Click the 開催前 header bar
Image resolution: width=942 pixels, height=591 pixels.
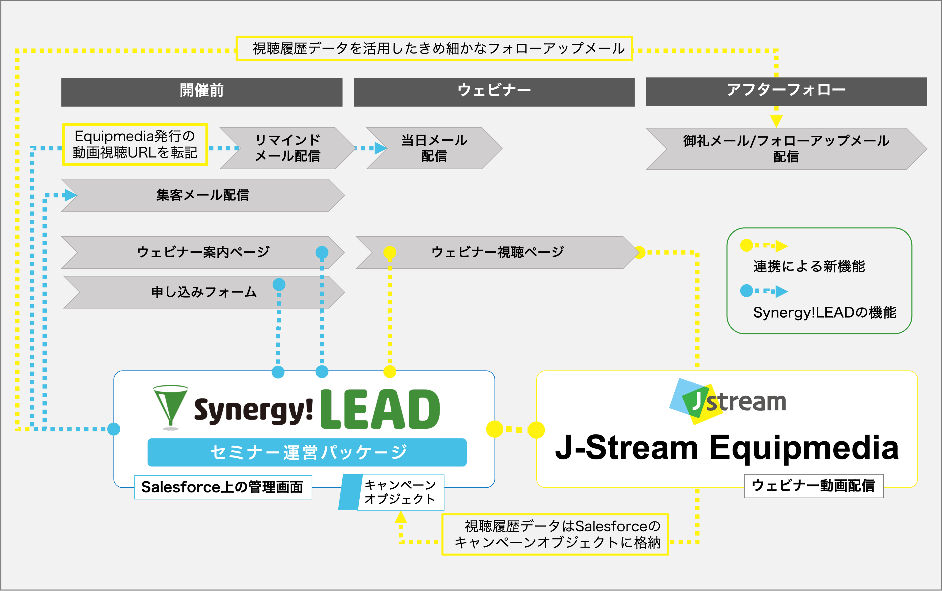point(202,92)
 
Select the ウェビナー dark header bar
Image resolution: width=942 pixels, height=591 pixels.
point(494,92)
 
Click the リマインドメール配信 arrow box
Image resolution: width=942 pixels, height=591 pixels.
point(287,148)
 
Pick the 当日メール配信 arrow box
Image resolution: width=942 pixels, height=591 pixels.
point(434,148)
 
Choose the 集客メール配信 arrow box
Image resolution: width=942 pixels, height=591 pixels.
point(202,195)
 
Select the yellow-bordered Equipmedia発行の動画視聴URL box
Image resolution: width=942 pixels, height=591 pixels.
point(135,145)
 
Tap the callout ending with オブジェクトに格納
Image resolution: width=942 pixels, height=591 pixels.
point(555,534)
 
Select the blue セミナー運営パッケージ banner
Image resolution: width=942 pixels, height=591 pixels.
point(307,452)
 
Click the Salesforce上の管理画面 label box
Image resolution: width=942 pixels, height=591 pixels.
point(223,487)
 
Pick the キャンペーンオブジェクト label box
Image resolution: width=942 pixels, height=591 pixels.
point(400,492)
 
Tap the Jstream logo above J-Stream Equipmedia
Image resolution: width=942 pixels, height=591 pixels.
point(727,401)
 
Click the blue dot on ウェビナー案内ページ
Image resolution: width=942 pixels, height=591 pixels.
point(322,252)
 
